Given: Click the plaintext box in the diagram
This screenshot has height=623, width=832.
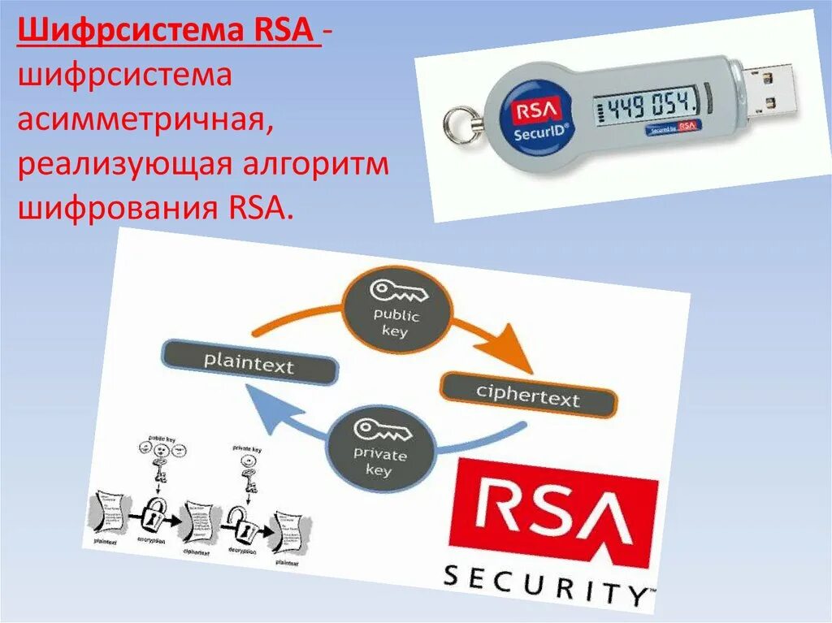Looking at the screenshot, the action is click(249, 361).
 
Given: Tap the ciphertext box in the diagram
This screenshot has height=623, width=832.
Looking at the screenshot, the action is click(528, 396).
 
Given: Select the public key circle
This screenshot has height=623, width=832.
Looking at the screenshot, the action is click(396, 309).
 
